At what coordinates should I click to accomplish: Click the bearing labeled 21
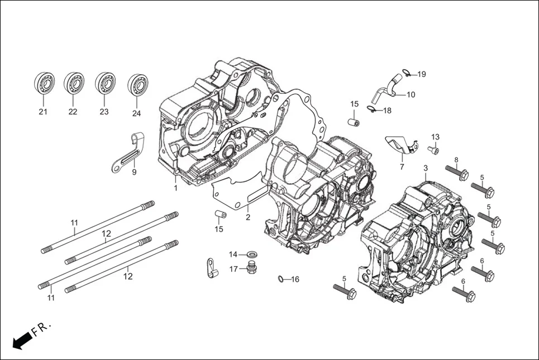[44, 84]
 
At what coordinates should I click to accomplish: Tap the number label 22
[73, 112]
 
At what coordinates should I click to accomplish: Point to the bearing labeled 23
[104, 84]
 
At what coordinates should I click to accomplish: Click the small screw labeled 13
[433, 150]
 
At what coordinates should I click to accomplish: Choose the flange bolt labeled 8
[456, 172]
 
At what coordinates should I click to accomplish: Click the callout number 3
[426, 168]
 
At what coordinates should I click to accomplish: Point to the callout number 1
[175, 188]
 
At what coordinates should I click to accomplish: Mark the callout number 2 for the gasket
[247, 217]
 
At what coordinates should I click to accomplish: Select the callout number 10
[410, 95]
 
